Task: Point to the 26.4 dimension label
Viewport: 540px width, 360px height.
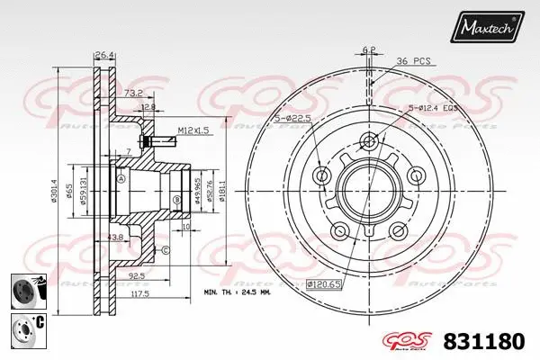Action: tap(105, 55)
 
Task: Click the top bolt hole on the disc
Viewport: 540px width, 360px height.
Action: tap(368, 140)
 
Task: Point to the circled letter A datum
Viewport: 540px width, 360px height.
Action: tap(120, 178)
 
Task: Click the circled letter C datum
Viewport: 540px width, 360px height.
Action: tap(166, 249)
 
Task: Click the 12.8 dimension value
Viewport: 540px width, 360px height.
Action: tap(148, 107)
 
